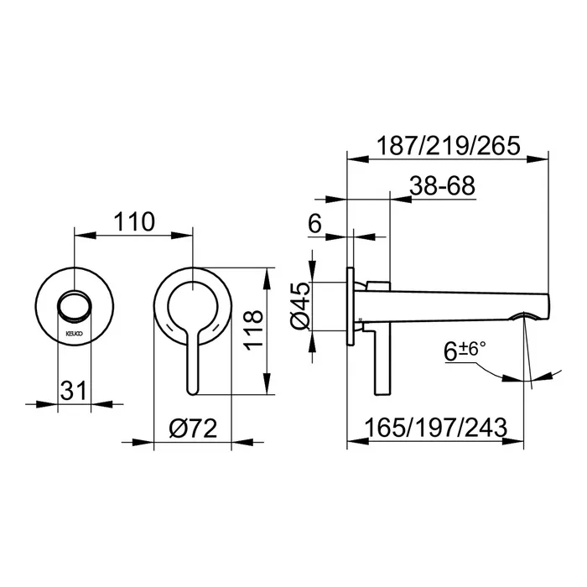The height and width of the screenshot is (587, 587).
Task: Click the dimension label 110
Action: point(134,221)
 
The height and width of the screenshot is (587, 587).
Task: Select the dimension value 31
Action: point(74,391)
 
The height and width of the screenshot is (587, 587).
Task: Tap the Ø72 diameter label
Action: point(193,429)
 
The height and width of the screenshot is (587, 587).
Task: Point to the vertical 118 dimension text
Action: point(253,330)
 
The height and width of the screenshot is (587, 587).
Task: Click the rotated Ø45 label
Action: point(300,306)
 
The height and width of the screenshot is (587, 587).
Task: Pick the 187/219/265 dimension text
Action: point(448,146)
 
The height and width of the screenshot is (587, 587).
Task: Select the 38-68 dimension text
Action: point(442,185)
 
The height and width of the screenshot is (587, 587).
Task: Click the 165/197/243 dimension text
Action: point(436,428)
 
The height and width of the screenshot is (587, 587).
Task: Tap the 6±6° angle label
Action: point(465,351)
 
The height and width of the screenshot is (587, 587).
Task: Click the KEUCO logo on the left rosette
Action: point(75,333)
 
